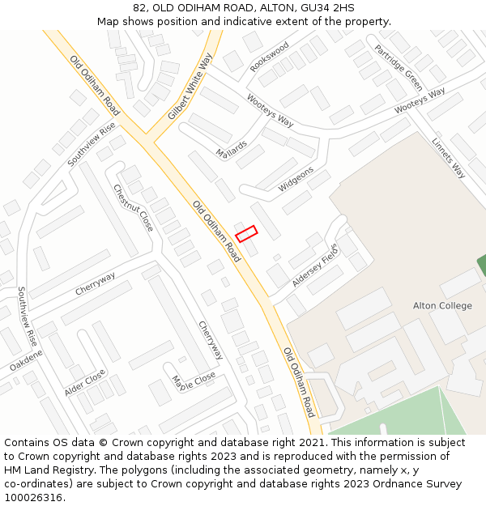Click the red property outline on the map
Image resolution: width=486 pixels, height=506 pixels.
pyautogui.click(x=246, y=233)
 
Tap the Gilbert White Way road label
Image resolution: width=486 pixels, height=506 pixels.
pyautogui.click(x=190, y=87)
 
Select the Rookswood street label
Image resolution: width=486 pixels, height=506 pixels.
pyautogui.click(x=270, y=57)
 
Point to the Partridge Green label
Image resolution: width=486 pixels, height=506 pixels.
pyautogui.click(x=399, y=67)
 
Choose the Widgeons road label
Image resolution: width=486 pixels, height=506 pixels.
pyautogui.click(x=296, y=180)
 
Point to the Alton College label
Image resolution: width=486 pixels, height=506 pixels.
pyautogui.click(x=442, y=306)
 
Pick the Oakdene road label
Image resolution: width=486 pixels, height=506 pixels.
pyautogui.click(x=26, y=361)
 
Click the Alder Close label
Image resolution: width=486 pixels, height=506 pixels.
pyautogui.click(x=84, y=383)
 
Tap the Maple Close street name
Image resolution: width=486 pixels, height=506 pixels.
pyautogui.click(x=194, y=381)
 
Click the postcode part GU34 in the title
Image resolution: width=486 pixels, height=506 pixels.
pyautogui.click(x=314, y=8)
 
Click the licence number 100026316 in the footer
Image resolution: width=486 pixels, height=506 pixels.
pyautogui.click(x=33, y=498)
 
